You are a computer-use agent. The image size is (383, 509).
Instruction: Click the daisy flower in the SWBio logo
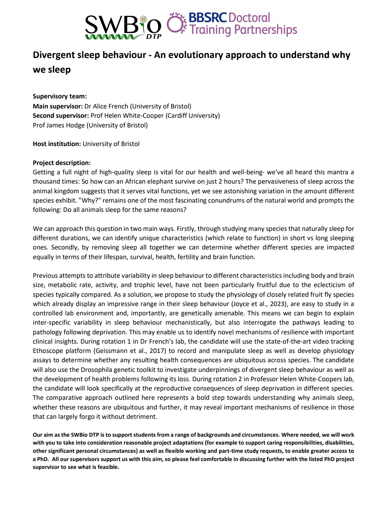[144, 20]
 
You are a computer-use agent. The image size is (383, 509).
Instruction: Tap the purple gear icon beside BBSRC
[177, 24]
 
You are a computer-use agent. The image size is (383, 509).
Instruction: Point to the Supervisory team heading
[60, 96]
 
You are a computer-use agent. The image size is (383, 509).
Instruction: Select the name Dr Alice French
[106, 106]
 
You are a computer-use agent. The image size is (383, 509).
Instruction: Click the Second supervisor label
[61, 116]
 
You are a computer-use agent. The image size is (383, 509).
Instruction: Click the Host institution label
[57, 144]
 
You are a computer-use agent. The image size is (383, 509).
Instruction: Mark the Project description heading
[62, 163]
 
